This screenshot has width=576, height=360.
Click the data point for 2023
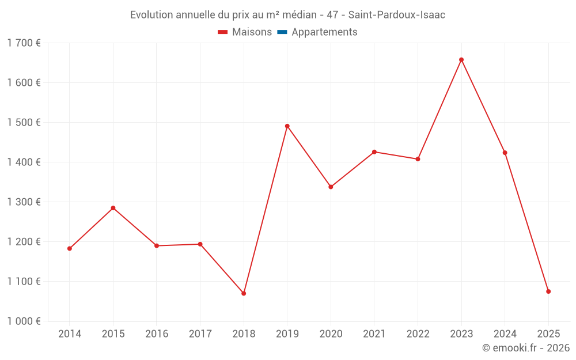(461, 60)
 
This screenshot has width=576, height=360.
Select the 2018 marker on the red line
(244, 294)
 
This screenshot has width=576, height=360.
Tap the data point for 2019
(287, 126)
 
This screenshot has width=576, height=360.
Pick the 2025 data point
(548, 291)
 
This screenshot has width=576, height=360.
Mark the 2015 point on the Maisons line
(113, 208)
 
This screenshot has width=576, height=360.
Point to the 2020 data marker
(331, 187)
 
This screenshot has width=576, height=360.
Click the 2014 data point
(70, 249)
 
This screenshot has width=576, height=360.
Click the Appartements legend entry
(324, 32)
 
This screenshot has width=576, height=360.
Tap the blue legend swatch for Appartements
(282, 32)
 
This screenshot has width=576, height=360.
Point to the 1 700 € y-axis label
(24, 43)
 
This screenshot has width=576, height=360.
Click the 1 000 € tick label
(24, 321)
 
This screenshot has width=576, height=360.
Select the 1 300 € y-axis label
(24, 202)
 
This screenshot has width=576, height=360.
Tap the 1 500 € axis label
(24, 123)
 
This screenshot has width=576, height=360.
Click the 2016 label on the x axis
(157, 334)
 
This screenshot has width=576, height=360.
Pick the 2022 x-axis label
(418, 334)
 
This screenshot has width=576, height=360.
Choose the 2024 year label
(505, 334)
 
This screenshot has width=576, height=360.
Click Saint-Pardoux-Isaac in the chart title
(397, 15)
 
